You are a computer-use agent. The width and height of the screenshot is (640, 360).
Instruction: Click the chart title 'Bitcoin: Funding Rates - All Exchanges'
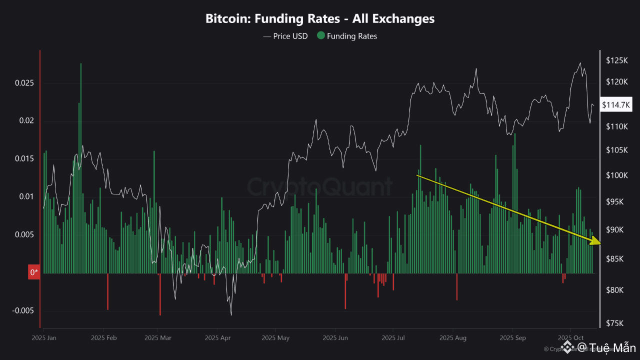320,19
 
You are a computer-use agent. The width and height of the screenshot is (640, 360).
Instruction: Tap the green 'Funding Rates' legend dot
321,36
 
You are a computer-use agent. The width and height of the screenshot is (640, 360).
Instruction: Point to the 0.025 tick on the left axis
23,82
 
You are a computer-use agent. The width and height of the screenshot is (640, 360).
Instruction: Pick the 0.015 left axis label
23,158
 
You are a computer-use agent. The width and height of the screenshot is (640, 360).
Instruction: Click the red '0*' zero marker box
34,272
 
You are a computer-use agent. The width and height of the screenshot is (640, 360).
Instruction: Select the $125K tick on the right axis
616,60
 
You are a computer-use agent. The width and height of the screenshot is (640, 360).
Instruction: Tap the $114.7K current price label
616,105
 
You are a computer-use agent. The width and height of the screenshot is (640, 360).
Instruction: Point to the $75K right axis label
614,323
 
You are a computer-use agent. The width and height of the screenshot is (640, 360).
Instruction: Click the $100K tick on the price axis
616,175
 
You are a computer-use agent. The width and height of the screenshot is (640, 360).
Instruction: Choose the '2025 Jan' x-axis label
43,337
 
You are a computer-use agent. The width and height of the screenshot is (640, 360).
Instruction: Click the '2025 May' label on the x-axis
275,337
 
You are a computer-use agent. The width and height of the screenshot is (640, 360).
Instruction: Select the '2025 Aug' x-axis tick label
454,337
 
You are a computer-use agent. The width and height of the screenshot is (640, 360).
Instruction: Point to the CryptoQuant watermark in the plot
320,187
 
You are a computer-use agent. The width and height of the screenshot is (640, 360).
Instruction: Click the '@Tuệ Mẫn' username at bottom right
606,347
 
